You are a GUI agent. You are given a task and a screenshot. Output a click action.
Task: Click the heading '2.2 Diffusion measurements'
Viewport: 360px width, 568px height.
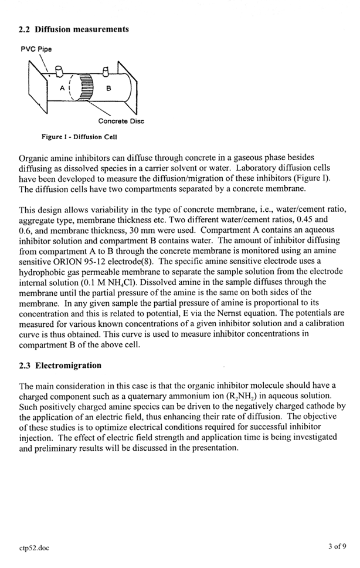[74, 29]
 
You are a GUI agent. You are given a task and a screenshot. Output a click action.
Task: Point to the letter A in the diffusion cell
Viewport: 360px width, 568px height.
[61, 88]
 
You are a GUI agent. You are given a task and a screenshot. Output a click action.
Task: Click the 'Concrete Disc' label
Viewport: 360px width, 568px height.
[121, 121]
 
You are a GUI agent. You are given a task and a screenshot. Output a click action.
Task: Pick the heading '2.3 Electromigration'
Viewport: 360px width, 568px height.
[60, 366]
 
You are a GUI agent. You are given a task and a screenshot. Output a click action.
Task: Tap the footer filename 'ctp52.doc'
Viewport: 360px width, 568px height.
[34, 548]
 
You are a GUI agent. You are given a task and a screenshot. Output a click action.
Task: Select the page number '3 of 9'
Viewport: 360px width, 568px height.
[337, 548]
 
